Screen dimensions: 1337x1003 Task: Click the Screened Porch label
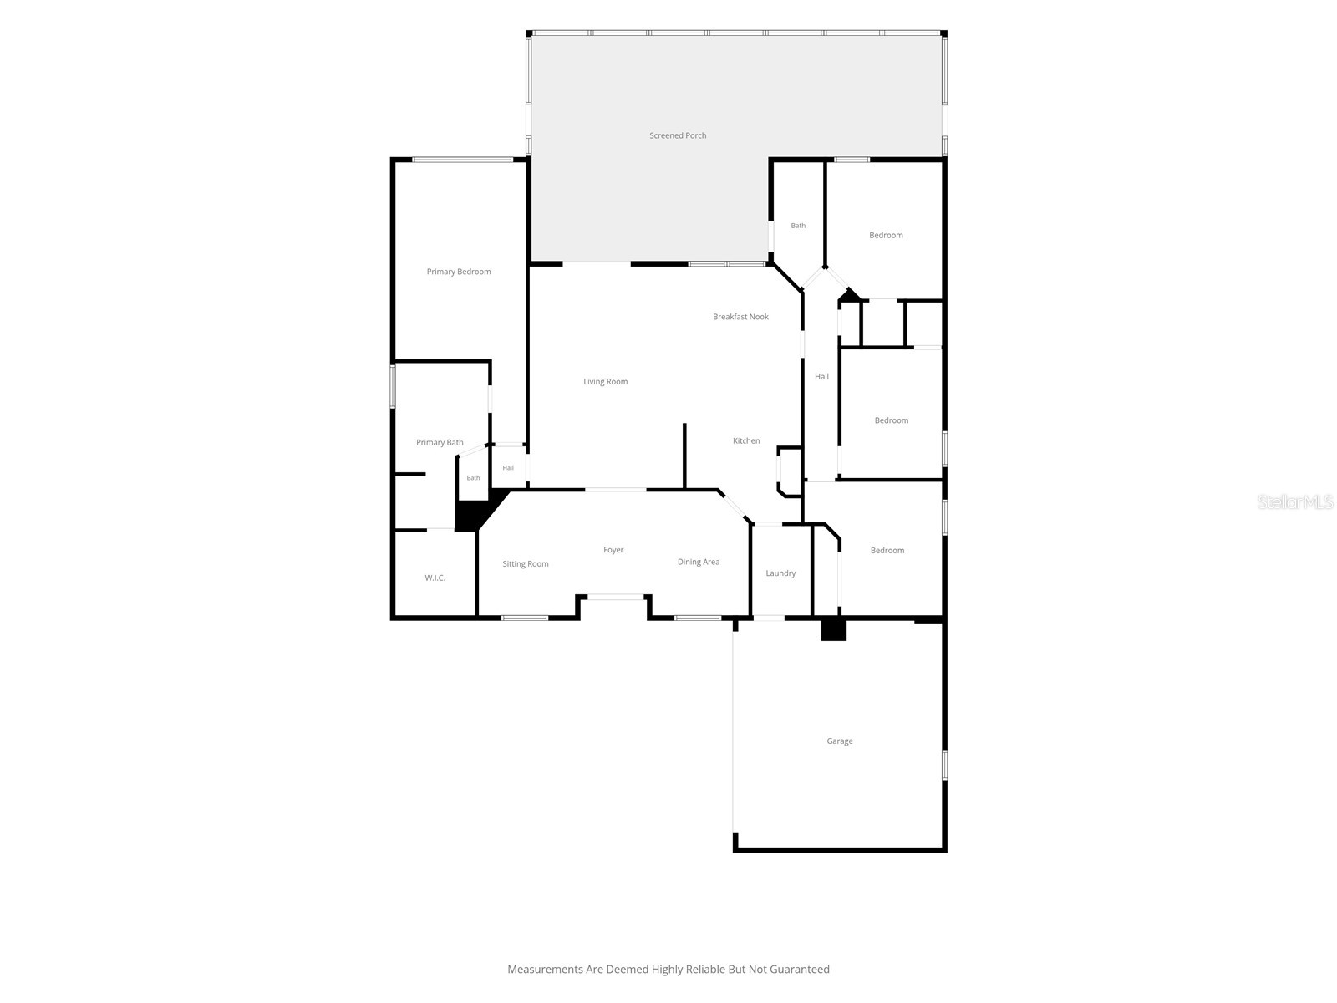tap(678, 135)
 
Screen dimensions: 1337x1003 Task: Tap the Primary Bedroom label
tap(458, 272)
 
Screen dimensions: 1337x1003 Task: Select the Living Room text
tap(605, 382)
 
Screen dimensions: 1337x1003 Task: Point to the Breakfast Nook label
tap(740, 317)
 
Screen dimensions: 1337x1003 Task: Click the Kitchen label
tap(745, 441)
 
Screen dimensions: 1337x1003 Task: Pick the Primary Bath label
tap(440, 443)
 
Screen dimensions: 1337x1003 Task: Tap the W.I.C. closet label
tap(435, 578)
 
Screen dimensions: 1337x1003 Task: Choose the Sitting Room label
tap(525, 564)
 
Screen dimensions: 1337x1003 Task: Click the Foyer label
tap(613, 550)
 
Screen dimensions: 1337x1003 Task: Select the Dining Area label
tap(698, 562)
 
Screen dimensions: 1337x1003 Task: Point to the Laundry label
tap(780, 573)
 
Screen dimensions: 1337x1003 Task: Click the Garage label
tap(839, 741)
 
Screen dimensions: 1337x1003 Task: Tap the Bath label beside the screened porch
tap(798, 226)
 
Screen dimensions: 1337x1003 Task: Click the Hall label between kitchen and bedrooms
tap(821, 377)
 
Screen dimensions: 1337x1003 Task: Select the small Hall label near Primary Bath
tap(508, 468)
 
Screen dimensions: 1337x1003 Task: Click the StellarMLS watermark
tap(1295, 501)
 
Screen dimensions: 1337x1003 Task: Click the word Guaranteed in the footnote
tap(799, 970)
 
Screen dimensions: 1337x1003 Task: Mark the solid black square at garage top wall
tap(833, 629)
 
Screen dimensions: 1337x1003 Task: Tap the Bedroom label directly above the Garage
tap(887, 551)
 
